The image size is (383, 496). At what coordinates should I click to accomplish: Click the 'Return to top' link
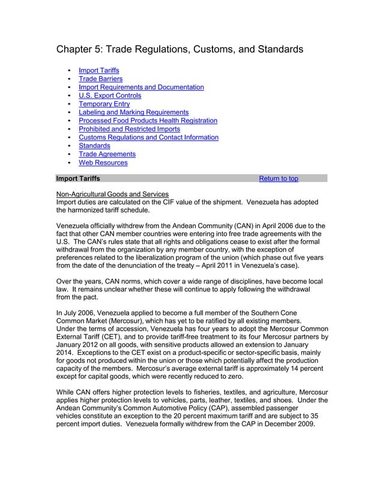[x=278, y=179]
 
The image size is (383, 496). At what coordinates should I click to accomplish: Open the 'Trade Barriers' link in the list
[x=100, y=79]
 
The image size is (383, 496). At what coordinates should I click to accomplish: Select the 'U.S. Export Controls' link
[x=110, y=95]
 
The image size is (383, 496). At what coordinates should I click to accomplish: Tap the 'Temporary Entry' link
[x=104, y=104]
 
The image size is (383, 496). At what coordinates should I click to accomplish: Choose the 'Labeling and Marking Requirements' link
[x=133, y=112]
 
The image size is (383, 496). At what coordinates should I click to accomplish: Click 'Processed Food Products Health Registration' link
[x=148, y=121]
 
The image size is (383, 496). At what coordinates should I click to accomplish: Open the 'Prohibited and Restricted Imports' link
[x=129, y=129]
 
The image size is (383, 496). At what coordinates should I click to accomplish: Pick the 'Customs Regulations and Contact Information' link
[x=148, y=138]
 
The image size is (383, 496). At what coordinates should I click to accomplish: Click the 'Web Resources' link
[x=103, y=163]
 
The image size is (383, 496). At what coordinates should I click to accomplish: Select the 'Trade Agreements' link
[x=107, y=154]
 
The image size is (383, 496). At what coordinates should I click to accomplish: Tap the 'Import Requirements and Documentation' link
[x=141, y=87]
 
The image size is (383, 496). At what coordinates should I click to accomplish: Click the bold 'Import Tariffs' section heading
[x=78, y=179]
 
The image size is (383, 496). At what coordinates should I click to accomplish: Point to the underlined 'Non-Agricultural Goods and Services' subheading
[x=112, y=194]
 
